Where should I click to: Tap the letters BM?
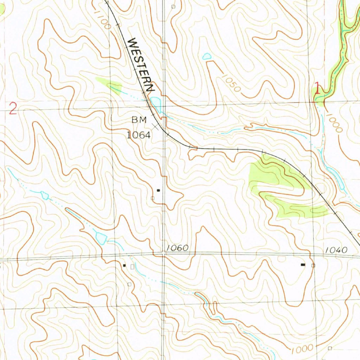[x=139, y=120]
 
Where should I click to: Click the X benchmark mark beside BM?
[x=155, y=127]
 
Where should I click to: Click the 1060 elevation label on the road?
[x=178, y=248]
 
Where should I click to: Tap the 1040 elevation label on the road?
[x=336, y=250]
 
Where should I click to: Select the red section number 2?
[x=13, y=109]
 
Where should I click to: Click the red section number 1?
[x=317, y=88]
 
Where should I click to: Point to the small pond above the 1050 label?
[x=207, y=56]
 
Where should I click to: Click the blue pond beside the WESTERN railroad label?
[x=155, y=103]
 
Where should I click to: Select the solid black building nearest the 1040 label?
[x=303, y=264]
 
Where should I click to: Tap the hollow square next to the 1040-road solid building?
[x=313, y=265]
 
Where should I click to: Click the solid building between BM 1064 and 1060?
[x=158, y=190]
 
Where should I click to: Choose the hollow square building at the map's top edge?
[x=173, y=6]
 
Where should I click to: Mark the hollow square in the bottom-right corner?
[x=330, y=348]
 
